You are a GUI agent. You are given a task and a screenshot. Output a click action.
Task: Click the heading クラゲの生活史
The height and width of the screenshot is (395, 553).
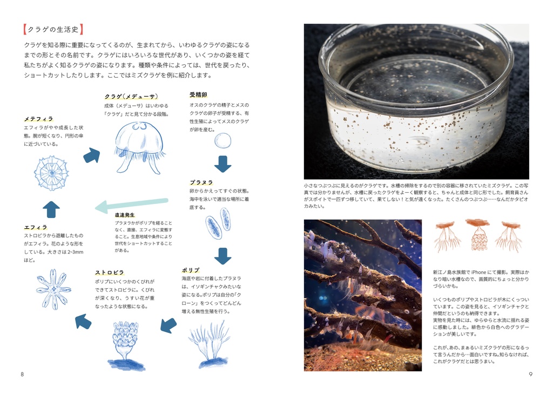[53, 30]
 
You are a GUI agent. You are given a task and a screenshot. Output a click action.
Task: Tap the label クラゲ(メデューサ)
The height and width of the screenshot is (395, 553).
[131, 97]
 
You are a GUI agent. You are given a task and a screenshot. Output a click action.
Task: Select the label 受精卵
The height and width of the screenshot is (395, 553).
[198, 95]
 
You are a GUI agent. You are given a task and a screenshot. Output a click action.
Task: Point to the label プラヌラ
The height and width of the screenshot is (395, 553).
[201, 182]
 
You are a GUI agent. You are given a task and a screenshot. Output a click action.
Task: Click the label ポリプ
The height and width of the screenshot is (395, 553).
[191, 270]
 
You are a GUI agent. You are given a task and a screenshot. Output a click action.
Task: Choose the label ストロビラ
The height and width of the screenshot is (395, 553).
[110, 273]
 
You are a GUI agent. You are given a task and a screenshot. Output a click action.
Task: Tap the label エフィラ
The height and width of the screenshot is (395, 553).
[36, 227]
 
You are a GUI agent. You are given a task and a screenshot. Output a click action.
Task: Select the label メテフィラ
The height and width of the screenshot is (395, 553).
[38, 119]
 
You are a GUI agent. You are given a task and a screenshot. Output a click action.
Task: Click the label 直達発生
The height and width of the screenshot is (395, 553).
[125, 215]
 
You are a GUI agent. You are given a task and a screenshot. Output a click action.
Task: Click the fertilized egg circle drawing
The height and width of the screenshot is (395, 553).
[223, 141]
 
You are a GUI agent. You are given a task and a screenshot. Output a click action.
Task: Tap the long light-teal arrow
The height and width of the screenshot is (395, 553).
[132, 205]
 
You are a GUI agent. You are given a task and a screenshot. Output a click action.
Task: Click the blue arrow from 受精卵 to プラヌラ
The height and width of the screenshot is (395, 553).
[223, 164]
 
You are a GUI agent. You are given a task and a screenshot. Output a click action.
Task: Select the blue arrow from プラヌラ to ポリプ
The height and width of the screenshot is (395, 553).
[223, 256]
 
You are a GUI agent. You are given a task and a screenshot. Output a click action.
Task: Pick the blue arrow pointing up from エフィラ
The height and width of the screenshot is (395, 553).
[51, 210]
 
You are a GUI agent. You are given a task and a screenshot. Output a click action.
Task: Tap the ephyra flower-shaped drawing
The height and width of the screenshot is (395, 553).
[53, 289]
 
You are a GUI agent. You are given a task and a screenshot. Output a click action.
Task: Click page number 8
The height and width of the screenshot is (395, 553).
[22, 374]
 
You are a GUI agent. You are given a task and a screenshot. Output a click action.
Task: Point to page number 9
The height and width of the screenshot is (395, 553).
[530, 374]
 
